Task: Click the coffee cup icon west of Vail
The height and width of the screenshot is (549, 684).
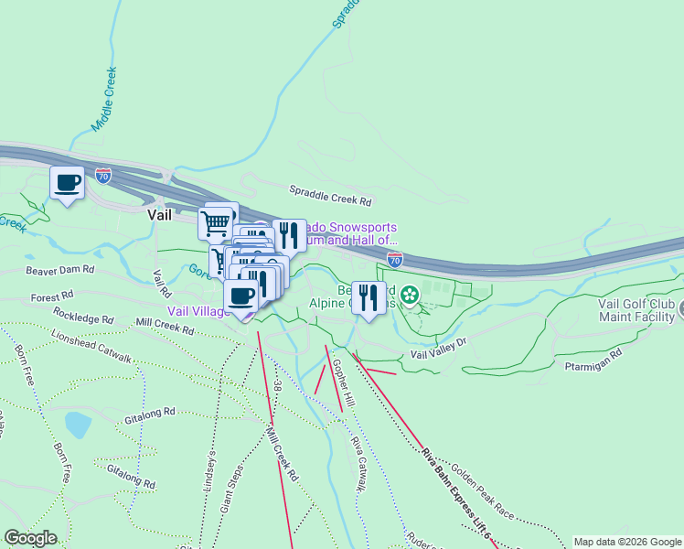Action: (68, 183)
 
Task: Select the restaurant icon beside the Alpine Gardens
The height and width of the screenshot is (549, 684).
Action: (369, 297)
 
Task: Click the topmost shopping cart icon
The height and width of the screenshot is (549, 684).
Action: (217, 221)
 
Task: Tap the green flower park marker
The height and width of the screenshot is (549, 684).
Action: (410, 294)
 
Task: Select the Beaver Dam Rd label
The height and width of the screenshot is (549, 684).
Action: (60, 270)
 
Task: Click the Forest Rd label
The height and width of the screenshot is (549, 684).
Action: (51, 297)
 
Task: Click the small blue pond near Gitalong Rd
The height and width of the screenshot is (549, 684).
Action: (78, 425)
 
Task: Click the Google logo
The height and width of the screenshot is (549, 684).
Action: (30, 538)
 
